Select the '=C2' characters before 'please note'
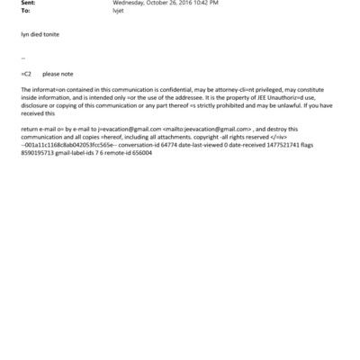26,74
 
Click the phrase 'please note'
58,74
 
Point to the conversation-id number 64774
167,146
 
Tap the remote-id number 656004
139,154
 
